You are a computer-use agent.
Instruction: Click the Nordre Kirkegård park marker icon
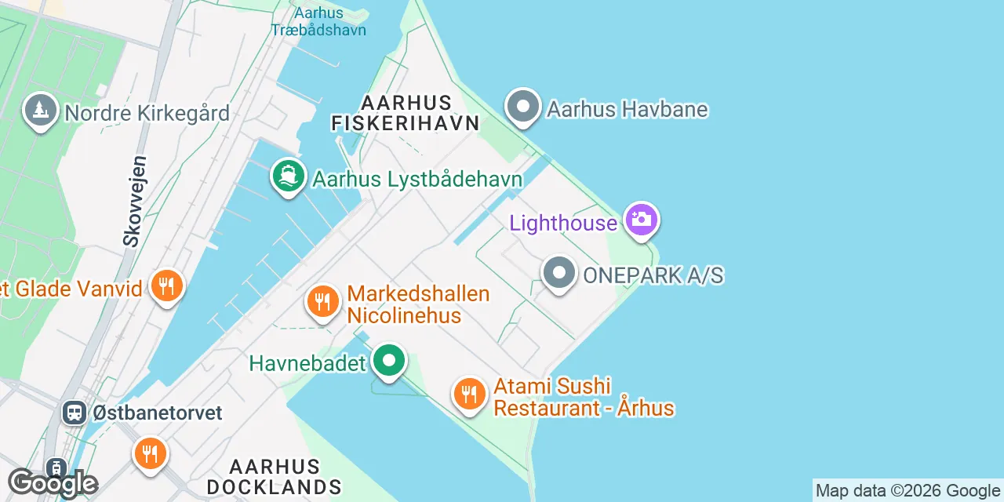[x=41, y=111]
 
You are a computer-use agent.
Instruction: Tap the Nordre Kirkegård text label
[x=147, y=114]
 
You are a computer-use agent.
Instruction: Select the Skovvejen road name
[x=134, y=201]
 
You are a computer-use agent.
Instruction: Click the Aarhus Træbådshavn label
[x=318, y=21]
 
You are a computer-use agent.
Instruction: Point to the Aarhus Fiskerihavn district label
[x=405, y=113]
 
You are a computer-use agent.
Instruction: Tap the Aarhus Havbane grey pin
[x=523, y=107]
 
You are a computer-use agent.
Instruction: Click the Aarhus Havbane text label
[x=627, y=109]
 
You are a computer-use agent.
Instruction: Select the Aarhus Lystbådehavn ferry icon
[x=289, y=176]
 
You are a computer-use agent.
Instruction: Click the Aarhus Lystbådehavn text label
[x=417, y=179]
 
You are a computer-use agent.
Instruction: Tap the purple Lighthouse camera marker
[x=641, y=219]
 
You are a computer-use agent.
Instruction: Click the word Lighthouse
[x=563, y=224]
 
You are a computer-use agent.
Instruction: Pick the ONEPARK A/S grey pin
[x=559, y=274]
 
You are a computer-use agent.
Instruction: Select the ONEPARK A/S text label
[x=653, y=275]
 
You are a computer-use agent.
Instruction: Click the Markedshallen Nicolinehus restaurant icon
[x=322, y=301]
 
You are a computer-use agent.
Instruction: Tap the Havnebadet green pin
[x=388, y=362]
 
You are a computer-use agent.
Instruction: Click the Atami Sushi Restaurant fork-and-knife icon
[x=469, y=394]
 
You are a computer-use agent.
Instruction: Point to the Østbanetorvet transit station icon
[x=75, y=412]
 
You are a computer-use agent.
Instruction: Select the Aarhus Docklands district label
[x=275, y=477]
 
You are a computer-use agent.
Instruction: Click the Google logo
[x=53, y=483]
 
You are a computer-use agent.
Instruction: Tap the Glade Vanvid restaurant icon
[x=166, y=286]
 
